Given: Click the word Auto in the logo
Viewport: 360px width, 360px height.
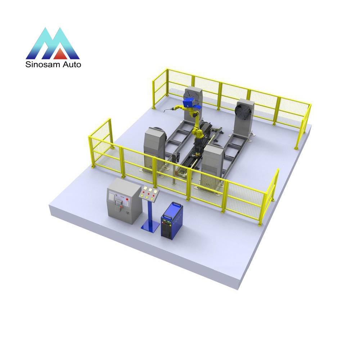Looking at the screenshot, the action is (x=72, y=64).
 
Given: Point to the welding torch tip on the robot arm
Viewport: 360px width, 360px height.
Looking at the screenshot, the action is (x=165, y=112).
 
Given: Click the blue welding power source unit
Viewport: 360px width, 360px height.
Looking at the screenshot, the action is (x=172, y=221).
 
